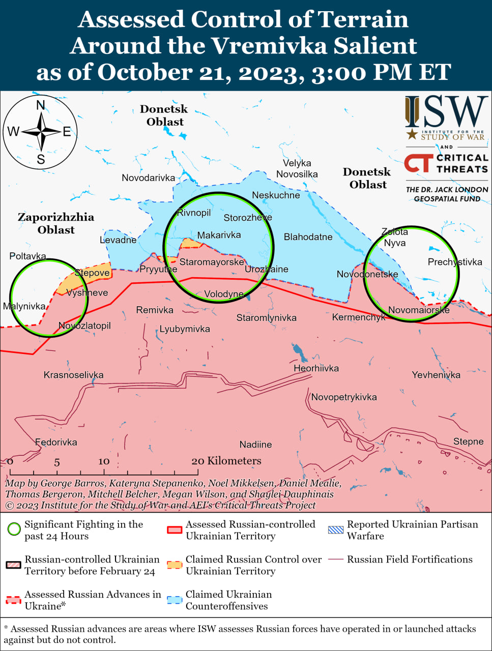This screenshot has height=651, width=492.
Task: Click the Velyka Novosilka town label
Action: coord(297,168)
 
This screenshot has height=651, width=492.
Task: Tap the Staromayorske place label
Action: coord(212,262)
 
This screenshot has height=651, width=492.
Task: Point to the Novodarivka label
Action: coord(148,178)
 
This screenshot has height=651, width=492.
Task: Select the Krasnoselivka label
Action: coord(73,375)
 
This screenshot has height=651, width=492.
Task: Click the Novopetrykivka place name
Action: coord(344,397)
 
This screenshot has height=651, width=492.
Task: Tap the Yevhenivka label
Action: coord(436,375)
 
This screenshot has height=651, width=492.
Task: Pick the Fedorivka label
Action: coord(56,442)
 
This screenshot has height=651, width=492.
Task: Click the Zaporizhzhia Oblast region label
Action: coord(56,223)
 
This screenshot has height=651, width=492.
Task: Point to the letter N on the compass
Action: coord(41,106)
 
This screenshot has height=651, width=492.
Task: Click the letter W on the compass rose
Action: coord(13,132)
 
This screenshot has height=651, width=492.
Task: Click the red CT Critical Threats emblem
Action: coord(419,163)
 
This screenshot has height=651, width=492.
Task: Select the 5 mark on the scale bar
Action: coord(57,462)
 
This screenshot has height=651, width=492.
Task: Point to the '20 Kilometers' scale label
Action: coord(226,461)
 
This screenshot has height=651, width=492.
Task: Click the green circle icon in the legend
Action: coord(14,529)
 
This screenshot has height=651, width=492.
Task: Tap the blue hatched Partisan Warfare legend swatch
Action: coord(336,529)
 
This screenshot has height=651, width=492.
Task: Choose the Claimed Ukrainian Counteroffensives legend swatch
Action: coord(175,600)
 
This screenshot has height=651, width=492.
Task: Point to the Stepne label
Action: coord(468,441)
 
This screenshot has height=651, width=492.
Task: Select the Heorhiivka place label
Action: coord(316,368)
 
